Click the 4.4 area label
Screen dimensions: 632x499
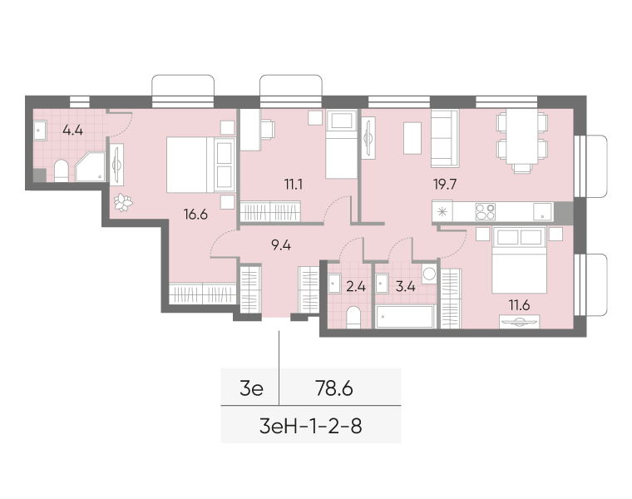pos(73,131)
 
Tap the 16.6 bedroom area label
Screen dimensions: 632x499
pos(195,215)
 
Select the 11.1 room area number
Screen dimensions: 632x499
pos(293,185)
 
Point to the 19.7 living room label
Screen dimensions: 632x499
pos(445,185)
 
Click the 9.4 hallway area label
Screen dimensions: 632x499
pos(281,245)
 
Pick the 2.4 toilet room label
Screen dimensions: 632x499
pos(356,287)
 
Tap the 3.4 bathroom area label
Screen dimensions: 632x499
pos(405,287)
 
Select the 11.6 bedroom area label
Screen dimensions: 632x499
pos(519,305)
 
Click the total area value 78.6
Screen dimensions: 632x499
pos(334,388)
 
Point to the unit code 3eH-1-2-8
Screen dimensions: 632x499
pos(311,426)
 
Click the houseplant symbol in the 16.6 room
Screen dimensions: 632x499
pos(123,202)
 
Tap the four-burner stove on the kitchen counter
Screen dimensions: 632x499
pos(485,211)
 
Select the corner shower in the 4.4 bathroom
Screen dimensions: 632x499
pos(91,166)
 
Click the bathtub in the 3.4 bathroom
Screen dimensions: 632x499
pos(405,317)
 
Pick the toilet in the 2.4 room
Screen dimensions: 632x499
pos(353,317)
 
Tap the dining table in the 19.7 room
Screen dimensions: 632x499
pos(522,136)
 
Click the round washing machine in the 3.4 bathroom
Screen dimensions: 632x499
pos(429,274)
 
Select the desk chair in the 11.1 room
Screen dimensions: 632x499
pos(268,130)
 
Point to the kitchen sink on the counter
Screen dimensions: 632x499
pos(542,211)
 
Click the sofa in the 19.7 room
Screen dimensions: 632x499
pos(445,138)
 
